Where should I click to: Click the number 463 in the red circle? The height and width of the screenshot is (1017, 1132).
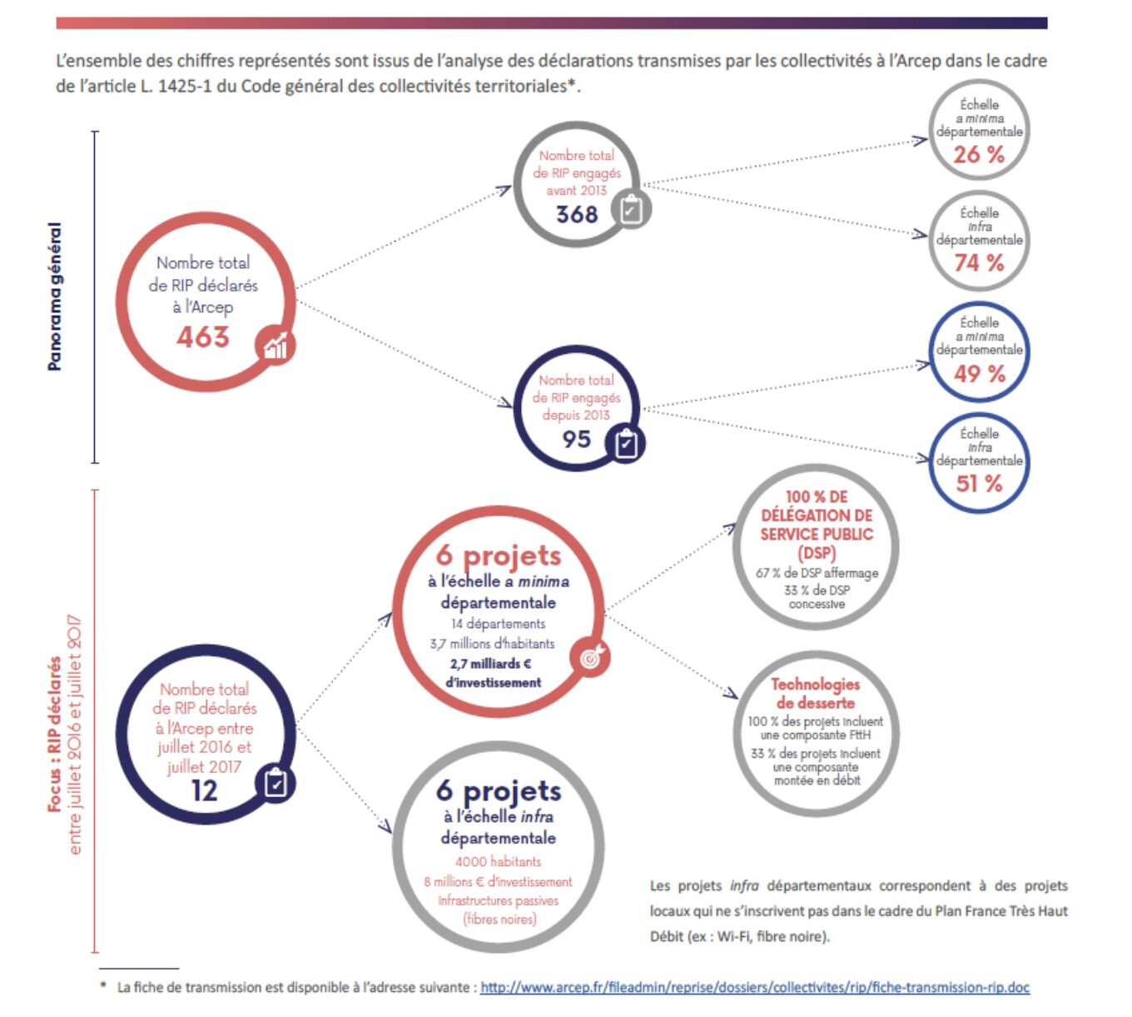pyautogui.click(x=203, y=337)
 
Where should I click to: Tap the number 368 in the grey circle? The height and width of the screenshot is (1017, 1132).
pyautogui.click(x=577, y=214)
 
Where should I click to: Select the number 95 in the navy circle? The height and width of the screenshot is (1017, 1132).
pyautogui.click(x=577, y=439)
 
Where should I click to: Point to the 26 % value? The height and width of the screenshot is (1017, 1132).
pyautogui.click(x=978, y=155)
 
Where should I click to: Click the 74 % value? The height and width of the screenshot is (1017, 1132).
pyautogui.click(x=978, y=262)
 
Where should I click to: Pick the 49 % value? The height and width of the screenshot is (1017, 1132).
pyautogui.click(x=979, y=373)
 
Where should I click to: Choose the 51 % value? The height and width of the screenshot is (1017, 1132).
pyautogui.click(x=979, y=484)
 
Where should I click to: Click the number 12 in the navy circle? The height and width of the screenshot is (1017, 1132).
pyautogui.click(x=205, y=791)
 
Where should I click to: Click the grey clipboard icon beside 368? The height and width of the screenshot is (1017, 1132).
pyautogui.click(x=632, y=210)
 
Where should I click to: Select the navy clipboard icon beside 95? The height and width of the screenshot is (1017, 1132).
pyautogui.click(x=626, y=443)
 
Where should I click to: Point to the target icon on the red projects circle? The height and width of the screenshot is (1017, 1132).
pyautogui.click(x=590, y=657)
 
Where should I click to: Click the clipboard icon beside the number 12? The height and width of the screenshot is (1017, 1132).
pyautogui.click(x=275, y=783)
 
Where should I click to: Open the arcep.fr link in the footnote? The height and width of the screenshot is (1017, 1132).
pyautogui.click(x=755, y=987)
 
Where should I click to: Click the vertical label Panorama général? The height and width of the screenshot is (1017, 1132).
pyautogui.click(x=54, y=297)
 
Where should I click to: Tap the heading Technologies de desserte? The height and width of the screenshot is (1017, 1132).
pyautogui.click(x=816, y=693)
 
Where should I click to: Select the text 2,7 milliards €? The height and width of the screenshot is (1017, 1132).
pyautogui.click(x=491, y=664)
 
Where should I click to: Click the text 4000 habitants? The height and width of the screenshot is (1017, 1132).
pyautogui.click(x=499, y=861)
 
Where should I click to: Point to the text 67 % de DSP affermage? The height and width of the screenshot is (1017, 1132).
pyautogui.click(x=817, y=573)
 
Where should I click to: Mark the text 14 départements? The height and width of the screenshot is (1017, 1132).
pyautogui.click(x=499, y=623)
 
